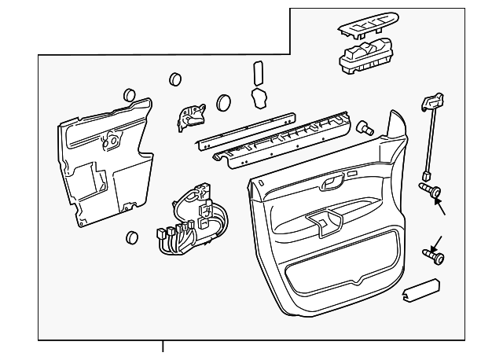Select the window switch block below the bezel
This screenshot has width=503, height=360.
coord(365,57)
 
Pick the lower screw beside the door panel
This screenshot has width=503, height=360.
coord(432,255)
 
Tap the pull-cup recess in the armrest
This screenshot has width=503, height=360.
coord(323,222)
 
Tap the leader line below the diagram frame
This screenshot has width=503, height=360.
coord(163,347)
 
